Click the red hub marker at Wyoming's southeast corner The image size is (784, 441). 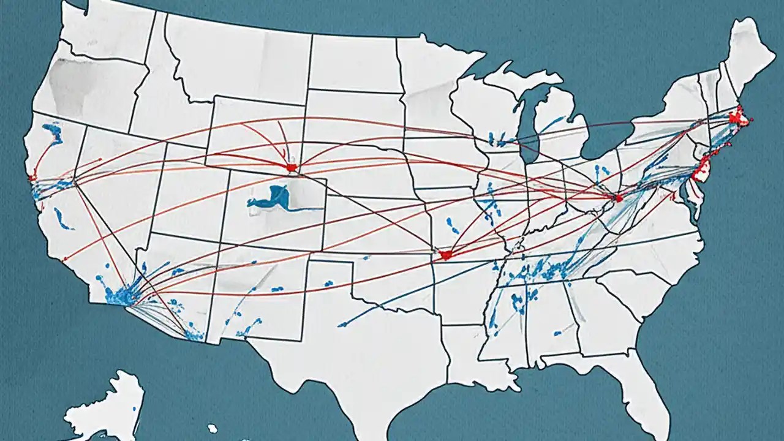pyautogui.click(x=291, y=167)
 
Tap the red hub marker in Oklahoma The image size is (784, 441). pyautogui.click(x=445, y=255)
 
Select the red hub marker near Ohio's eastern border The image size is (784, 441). pyautogui.click(x=617, y=198)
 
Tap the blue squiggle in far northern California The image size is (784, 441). pyautogui.click(x=53, y=132)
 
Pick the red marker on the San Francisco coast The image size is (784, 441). pyautogui.click(x=32, y=178)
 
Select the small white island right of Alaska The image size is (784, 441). pyautogui.click(x=212, y=428)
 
